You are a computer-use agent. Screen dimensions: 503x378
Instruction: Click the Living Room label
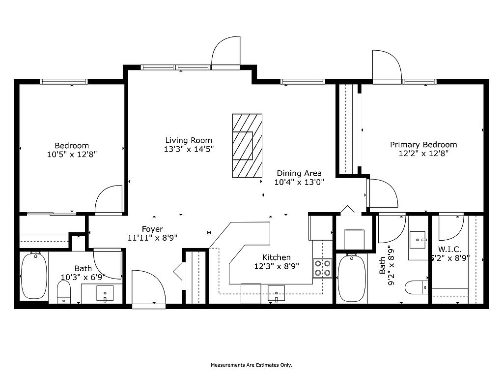click(x=189, y=140)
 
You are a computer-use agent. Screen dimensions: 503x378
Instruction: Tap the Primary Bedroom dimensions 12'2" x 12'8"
click(x=423, y=154)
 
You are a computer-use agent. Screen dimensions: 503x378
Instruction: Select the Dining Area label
click(x=299, y=173)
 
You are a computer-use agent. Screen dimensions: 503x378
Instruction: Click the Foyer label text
click(x=152, y=229)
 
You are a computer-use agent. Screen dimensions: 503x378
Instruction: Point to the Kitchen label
click(x=277, y=257)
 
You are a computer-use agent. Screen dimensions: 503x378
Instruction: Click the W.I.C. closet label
click(x=449, y=249)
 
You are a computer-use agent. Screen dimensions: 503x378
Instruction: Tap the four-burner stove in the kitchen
click(x=322, y=268)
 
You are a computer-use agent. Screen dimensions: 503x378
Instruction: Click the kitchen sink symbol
click(x=276, y=294)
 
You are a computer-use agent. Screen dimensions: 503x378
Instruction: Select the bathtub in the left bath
click(x=34, y=276)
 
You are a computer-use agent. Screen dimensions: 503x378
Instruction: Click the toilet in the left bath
click(x=63, y=292)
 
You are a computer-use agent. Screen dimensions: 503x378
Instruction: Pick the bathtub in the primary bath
click(x=352, y=278)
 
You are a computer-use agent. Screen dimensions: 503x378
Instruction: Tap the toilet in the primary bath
click(x=417, y=287)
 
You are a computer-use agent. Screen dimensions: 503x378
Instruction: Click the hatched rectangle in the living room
click(x=248, y=146)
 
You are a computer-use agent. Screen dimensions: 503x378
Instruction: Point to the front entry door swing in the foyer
click(x=148, y=288)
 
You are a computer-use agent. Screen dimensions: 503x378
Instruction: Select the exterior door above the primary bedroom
click(x=387, y=66)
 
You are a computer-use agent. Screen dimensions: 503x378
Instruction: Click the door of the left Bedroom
click(x=109, y=200)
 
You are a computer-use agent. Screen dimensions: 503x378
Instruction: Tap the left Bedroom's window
click(x=64, y=82)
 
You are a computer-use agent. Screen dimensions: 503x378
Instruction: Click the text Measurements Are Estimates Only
click(x=251, y=365)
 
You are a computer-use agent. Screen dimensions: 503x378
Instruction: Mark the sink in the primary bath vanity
click(x=418, y=240)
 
